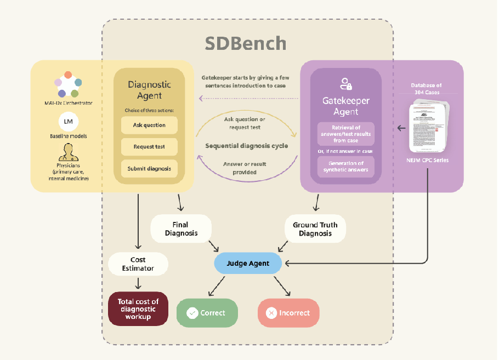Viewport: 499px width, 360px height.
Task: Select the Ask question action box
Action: pyautogui.click(x=149, y=125)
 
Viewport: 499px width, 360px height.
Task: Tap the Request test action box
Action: pyautogui.click(x=149, y=147)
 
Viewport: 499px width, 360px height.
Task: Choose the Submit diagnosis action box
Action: pyautogui.click(x=149, y=169)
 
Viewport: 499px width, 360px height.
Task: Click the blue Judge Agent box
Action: pyautogui.click(x=248, y=264)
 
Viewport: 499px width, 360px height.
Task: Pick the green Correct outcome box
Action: pyautogui.click(x=207, y=313)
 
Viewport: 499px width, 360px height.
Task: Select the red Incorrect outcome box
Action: pyautogui.click(x=288, y=313)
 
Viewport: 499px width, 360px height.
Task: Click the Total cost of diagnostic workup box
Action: pyautogui.click(x=138, y=309)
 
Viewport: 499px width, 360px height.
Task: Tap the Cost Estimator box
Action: pyautogui.click(x=138, y=264)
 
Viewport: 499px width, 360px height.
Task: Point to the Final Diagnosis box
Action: pyautogui.click(x=180, y=228)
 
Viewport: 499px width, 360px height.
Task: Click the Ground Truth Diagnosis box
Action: pyautogui.click(x=315, y=228)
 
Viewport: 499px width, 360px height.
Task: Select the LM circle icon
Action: pyautogui.click(x=69, y=121)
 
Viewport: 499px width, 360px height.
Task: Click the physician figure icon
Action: pyautogui.click(x=69, y=153)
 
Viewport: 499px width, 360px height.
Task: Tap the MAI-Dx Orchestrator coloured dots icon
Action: pyautogui.click(x=69, y=84)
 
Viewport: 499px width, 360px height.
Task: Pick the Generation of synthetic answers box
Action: pyautogui.click(x=345, y=167)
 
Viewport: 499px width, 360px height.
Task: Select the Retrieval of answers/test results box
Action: pyautogui.click(x=345, y=134)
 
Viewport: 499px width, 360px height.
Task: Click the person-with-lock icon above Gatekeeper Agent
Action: pyautogui.click(x=345, y=84)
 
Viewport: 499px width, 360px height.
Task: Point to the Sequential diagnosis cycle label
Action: pyautogui.click(x=247, y=146)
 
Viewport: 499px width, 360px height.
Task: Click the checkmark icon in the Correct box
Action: pyautogui.click(x=192, y=313)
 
